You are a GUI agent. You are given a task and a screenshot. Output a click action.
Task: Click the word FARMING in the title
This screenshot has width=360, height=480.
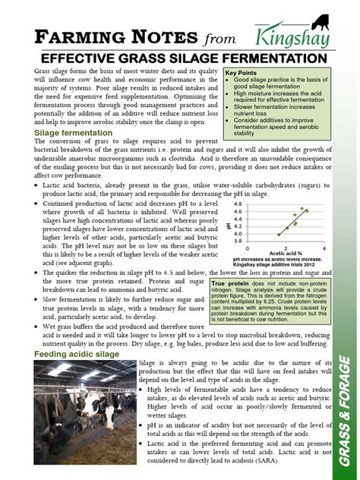[x=76, y=35]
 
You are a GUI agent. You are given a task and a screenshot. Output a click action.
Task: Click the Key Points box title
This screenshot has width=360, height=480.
[x=242, y=73]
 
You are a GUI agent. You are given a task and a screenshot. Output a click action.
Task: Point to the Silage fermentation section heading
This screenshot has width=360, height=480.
[x=74, y=132]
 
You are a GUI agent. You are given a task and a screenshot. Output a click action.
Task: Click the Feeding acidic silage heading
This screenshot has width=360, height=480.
[x=75, y=355]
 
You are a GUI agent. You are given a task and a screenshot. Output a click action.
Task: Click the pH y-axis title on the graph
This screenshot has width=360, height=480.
[x=229, y=223]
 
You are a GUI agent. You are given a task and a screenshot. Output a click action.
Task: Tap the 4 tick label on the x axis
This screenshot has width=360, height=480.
[x=324, y=248]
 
